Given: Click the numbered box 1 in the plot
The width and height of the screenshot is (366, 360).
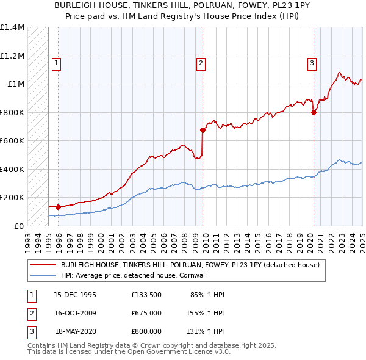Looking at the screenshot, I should pyautogui.click(x=56, y=62).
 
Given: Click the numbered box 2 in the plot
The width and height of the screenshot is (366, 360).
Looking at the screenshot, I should pyautogui.click(x=201, y=62).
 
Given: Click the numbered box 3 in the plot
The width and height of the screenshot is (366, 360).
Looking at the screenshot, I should pyautogui.click(x=312, y=62).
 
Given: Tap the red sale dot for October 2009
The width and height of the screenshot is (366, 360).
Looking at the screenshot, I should pyautogui.click(x=203, y=130).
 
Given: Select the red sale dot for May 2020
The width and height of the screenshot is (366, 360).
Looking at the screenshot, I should pyautogui.click(x=314, y=112).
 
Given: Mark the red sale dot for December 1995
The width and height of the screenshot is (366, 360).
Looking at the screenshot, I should pyautogui.click(x=59, y=207).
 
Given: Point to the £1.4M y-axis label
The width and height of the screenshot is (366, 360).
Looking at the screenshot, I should pyautogui.click(x=12, y=27).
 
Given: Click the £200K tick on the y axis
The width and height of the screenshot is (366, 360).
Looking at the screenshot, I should pyautogui.click(x=12, y=198).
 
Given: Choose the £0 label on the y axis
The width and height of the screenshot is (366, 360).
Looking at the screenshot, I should pyautogui.click(x=18, y=226).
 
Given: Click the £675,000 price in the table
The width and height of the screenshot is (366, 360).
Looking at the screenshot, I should pyautogui.click(x=146, y=313).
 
